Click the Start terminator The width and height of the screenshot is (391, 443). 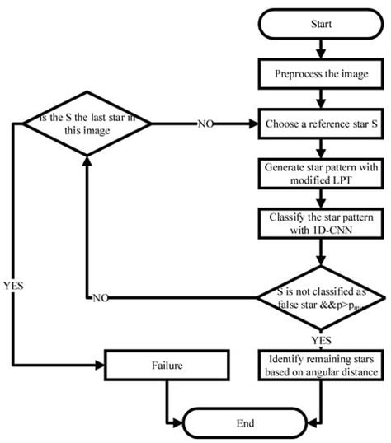[x=322, y=24]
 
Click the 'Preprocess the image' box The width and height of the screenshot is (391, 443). [x=322, y=73]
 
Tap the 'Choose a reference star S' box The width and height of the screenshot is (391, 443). [x=322, y=125]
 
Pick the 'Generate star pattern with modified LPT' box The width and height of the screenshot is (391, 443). [x=322, y=175]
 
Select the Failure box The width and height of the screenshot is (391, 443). [x=167, y=362]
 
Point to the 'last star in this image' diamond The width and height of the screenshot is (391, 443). [x=87, y=125]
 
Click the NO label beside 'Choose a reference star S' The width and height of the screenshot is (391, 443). [x=206, y=125]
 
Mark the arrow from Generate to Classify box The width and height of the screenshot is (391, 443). [x=322, y=200]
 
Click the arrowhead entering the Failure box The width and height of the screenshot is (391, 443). [x=99, y=362]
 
